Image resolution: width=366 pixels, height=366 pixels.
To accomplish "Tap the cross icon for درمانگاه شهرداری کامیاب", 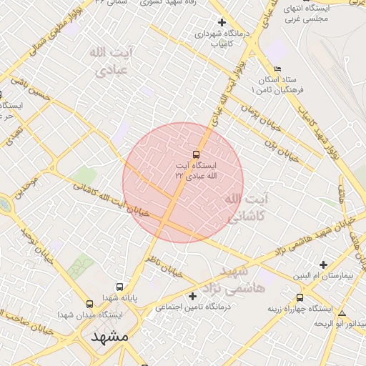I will pos(222,22).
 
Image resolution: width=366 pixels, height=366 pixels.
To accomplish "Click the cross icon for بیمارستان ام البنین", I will pos(324,264).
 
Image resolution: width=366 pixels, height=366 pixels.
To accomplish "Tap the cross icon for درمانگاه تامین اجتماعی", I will pos(192,296).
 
